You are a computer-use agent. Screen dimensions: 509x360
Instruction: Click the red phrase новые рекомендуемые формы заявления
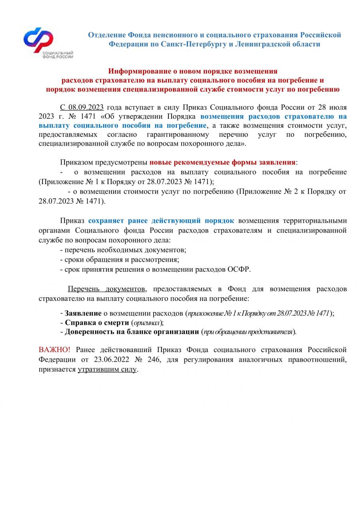click(222, 162)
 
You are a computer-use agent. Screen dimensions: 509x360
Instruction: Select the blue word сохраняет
click(106, 221)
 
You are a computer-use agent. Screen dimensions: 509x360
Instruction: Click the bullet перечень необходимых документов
click(123, 250)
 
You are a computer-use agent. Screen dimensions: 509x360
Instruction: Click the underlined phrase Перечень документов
click(107, 289)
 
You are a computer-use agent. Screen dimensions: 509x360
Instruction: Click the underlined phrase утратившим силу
click(107, 369)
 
